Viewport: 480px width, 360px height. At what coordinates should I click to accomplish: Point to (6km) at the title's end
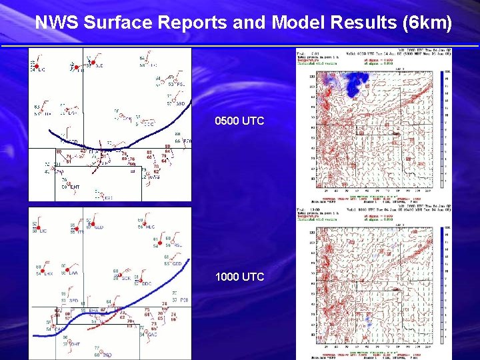[x=427, y=23]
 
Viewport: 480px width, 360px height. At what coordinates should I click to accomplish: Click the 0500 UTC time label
[x=239, y=121]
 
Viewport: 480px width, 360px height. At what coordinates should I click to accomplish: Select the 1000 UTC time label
[x=239, y=277]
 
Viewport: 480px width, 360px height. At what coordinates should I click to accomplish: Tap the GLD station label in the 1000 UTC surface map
[x=99, y=228]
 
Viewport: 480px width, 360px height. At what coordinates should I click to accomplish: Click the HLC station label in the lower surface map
[x=150, y=227]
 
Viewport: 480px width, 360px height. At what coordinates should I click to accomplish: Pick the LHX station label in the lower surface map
[x=48, y=273]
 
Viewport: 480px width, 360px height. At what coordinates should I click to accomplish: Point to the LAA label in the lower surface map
[x=73, y=273]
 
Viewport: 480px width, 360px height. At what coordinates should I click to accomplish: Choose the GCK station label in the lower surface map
[x=125, y=278]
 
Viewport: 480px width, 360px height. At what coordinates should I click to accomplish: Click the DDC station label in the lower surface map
[x=147, y=284]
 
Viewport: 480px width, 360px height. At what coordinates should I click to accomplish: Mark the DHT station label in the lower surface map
[x=75, y=344]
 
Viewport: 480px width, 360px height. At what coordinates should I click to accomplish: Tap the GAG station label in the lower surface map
[x=152, y=334]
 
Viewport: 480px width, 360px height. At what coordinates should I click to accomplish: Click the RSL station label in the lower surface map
[x=178, y=245]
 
